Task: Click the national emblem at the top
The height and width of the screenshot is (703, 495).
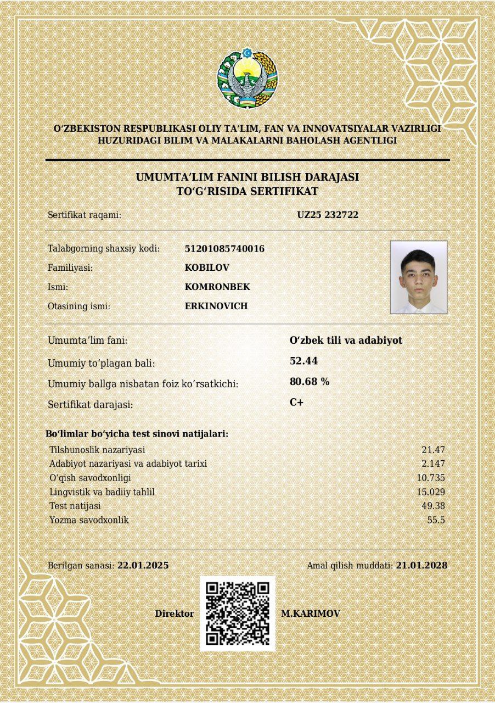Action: tap(247, 78)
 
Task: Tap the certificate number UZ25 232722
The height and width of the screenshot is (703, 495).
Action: tap(328, 215)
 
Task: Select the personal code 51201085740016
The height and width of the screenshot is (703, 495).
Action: tap(224, 249)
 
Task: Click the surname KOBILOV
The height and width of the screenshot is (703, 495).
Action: tap(207, 267)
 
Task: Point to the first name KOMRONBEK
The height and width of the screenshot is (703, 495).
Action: tap(217, 287)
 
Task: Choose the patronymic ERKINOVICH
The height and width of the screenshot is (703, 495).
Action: tap(216, 306)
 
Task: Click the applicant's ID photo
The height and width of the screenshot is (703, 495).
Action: tap(418, 277)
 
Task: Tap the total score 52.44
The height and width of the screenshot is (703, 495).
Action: tap(303, 361)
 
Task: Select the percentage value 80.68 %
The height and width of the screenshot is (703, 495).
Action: tap(310, 382)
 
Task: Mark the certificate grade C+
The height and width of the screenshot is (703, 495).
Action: tap(296, 402)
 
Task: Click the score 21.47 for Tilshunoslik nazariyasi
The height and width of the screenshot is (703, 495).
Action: tap(433, 450)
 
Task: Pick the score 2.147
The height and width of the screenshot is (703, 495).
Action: tap(433, 464)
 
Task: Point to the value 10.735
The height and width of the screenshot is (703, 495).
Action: tap(431, 478)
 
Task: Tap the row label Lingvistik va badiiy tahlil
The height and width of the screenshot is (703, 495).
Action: tap(102, 492)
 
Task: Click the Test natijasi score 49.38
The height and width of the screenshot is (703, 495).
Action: tap(433, 506)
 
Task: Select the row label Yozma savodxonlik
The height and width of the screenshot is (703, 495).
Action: tap(89, 520)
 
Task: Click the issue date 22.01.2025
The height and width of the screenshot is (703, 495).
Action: tap(143, 565)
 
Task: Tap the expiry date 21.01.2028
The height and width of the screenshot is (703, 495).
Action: tap(421, 565)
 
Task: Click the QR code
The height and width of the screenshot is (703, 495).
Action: tap(237, 613)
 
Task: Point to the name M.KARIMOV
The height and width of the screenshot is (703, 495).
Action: tap(310, 613)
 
